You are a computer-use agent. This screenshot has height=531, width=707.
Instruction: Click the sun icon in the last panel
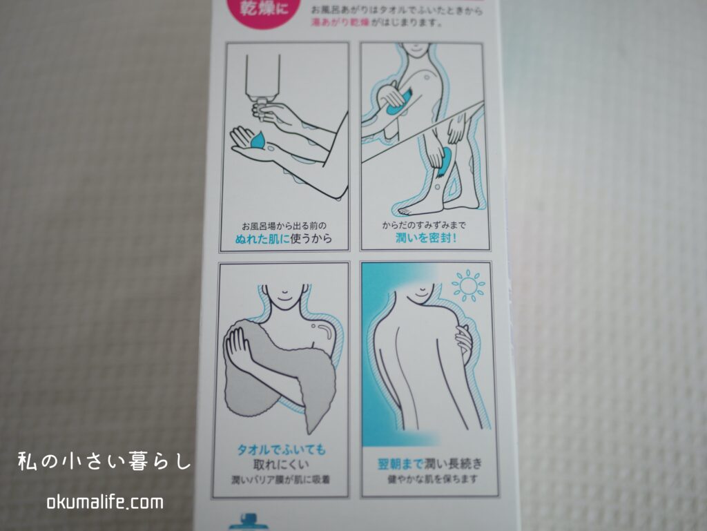point(468,285)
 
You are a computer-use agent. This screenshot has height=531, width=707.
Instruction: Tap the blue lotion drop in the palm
point(259,140)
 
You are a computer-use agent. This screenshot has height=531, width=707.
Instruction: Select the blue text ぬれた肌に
point(262,238)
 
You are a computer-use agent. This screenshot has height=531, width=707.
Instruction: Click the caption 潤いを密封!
point(426,238)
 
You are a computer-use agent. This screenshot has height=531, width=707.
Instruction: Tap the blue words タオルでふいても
point(282,450)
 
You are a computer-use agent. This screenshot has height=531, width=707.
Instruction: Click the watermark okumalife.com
point(105,502)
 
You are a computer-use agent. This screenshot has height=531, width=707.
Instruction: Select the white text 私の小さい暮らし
point(106,461)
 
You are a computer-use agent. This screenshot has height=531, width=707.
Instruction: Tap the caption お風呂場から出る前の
point(284,225)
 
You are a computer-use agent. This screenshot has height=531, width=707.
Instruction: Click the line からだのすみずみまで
point(424,225)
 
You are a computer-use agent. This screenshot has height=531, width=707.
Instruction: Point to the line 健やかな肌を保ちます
point(432,479)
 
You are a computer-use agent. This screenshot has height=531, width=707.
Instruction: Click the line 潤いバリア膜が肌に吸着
point(281,480)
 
